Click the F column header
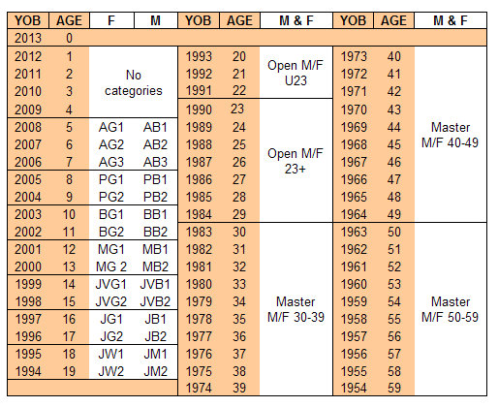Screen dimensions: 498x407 point(111,20)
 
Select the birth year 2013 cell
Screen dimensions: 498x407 point(28,38)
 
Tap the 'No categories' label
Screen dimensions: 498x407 point(134,82)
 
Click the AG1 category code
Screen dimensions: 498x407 point(111,127)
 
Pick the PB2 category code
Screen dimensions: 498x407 point(155,197)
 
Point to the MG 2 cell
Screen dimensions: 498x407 point(111,266)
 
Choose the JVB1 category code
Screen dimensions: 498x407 point(155,284)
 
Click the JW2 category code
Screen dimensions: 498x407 point(111,371)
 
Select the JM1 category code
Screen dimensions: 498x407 point(155,354)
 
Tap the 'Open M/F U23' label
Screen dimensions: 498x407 point(296,73)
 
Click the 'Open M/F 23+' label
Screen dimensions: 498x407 point(296,161)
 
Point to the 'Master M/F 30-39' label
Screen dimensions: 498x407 point(296,309)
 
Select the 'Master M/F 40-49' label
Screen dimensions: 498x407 point(450,135)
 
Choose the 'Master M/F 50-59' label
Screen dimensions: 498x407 point(450,309)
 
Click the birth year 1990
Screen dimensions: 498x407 point(199,110)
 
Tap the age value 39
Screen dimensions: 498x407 point(239,388)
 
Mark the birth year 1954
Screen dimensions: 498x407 point(354,388)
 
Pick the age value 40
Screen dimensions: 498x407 point(394,56)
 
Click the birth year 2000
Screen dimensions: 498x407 point(28,266)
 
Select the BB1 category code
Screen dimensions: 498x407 point(155,214)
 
